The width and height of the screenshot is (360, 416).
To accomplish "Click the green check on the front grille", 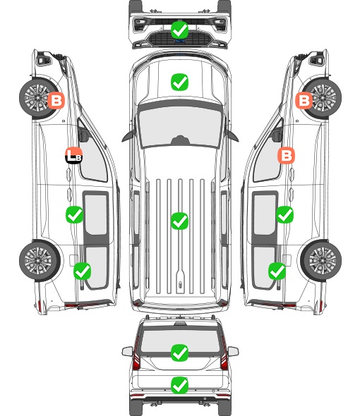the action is coord(179,30).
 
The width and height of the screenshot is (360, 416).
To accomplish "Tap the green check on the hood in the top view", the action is coord(179,82).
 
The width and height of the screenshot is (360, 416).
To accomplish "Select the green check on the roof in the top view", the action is coord(179,221).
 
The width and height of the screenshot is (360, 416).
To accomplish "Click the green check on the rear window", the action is coord(179,353).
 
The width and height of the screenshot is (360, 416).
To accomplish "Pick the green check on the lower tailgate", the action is coord(179,385).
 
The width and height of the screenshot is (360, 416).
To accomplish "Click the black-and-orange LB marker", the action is coord(74,155).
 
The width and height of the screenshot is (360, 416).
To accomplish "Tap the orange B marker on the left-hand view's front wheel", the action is coord(56,100).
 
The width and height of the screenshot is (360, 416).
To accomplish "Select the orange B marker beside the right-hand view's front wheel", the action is coord(304,100).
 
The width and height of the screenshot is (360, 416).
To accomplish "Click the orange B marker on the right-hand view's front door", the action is coord(286,155).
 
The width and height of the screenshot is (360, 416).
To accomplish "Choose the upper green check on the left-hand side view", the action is coord(74,214).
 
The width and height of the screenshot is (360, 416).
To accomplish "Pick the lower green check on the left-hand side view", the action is coord(83,271).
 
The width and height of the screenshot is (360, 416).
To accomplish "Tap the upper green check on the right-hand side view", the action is coord(284,214).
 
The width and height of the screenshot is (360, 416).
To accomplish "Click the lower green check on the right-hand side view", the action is coord(277,271).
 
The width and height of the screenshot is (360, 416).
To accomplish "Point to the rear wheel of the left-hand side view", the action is coord(39,261).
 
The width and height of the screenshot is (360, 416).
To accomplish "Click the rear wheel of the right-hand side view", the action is coord(321,261).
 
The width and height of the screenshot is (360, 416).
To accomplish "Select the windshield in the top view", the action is coord(180,126).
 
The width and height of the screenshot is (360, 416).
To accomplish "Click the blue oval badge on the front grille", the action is coord(180,41).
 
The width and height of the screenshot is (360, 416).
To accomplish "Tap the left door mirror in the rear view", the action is coord(128,351).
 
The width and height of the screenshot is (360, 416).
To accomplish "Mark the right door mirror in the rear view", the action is coord(233,351).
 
